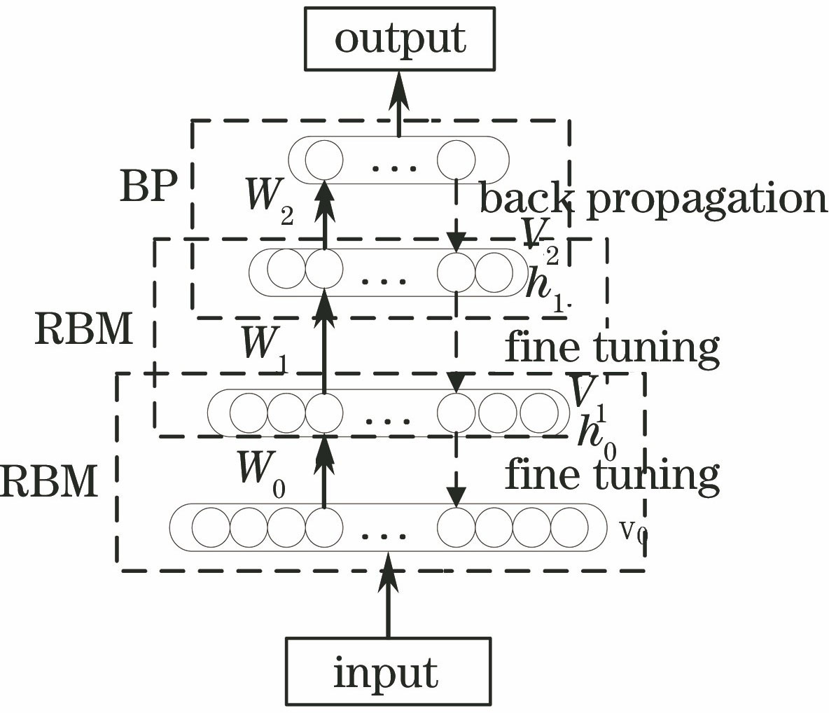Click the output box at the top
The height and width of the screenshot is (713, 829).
click(x=400, y=39)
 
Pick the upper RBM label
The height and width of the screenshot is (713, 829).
click(x=84, y=330)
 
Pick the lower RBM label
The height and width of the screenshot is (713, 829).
click(x=49, y=482)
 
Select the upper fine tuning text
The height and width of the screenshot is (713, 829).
click(x=611, y=347)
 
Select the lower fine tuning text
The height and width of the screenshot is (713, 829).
click(x=611, y=474)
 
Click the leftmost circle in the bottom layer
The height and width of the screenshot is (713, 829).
click(x=211, y=527)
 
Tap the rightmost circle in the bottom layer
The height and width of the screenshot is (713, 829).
click(x=569, y=527)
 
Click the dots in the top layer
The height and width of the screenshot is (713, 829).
click(x=394, y=167)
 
